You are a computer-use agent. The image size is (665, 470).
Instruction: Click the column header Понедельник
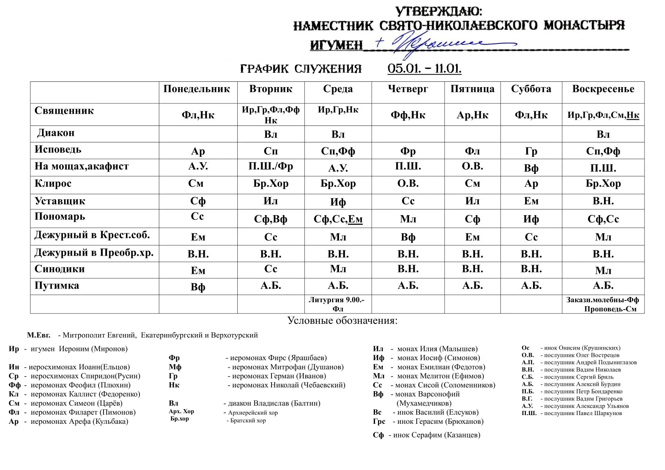(196, 89)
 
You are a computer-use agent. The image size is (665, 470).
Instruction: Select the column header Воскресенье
(603, 89)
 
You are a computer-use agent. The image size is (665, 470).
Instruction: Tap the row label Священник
(64, 111)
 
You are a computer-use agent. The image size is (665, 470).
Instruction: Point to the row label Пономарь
(60, 217)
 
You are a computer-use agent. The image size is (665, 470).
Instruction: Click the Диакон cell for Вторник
(271, 134)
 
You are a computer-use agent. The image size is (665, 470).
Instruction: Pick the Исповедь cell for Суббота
(531, 151)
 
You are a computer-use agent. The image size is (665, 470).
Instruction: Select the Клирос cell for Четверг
(408, 184)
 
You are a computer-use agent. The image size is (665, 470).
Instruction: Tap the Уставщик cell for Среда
(338, 202)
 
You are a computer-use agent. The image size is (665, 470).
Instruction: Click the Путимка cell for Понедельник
(198, 287)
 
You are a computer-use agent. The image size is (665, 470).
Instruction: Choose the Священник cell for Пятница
(472, 115)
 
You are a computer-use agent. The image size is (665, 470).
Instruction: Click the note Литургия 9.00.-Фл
(337, 304)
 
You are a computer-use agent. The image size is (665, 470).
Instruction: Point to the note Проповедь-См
(610, 309)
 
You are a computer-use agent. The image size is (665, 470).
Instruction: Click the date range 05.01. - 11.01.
(424, 69)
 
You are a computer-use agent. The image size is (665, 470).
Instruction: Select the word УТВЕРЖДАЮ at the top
(439, 12)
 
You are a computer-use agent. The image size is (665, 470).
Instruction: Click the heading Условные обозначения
(342, 321)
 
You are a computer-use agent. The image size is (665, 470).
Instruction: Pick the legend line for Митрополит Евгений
(142, 335)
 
